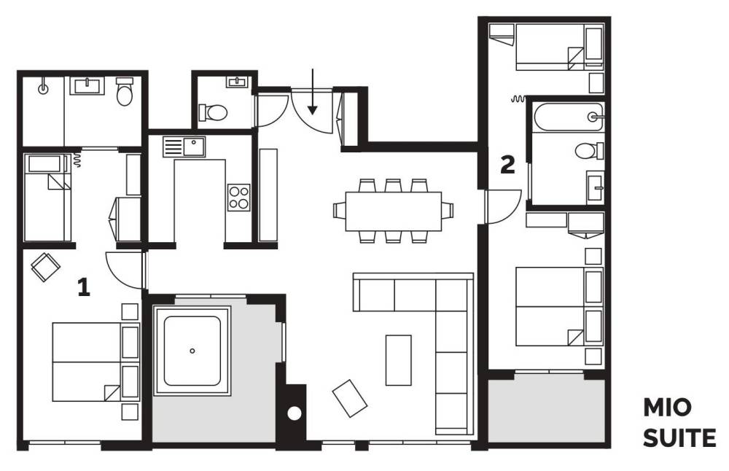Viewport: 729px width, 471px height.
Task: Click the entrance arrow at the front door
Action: coord(313,92)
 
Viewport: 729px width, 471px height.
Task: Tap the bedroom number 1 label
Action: coord(84,287)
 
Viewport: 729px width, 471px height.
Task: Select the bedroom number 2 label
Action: coord(507,165)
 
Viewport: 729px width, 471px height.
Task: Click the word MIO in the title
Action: coord(667,408)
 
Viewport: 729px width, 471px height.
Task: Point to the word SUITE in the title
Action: coord(679,438)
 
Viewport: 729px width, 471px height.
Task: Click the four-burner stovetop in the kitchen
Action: coord(239,198)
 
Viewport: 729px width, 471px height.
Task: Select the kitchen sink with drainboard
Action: coord(184,147)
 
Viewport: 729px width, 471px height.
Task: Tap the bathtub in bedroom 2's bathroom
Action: coord(568,117)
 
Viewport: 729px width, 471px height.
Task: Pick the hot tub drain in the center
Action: coord(192,351)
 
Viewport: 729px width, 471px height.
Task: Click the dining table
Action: coord(394,211)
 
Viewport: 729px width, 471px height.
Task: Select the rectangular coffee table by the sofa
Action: coord(399,360)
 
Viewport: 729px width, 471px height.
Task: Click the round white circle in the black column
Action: coord(295,413)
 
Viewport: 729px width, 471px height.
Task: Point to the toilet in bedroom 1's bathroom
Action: coord(125,92)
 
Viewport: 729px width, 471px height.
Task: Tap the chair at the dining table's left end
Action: coord(340,210)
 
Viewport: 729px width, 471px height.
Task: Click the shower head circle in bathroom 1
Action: coord(43,89)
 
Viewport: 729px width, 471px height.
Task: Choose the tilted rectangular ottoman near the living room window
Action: coord(350,399)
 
